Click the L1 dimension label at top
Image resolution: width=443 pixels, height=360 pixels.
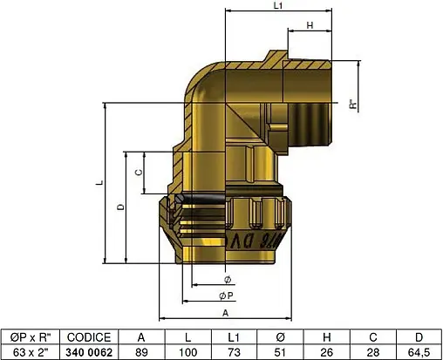point(278,6)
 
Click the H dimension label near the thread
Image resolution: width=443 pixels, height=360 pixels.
point(311,26)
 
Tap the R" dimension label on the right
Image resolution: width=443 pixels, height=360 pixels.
point(352,105)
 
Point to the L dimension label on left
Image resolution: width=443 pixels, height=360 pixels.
point(100,184)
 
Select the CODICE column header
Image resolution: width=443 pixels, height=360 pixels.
point(89,337)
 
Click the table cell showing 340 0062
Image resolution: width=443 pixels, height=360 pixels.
point(89,352)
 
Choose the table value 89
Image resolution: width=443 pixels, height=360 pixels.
point(142,352)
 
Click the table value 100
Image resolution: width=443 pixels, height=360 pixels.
point(187,352)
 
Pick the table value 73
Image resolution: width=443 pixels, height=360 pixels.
point(233,352)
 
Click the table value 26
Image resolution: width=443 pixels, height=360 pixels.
point(325,352)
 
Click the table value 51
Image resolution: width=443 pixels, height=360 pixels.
point(279,352)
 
